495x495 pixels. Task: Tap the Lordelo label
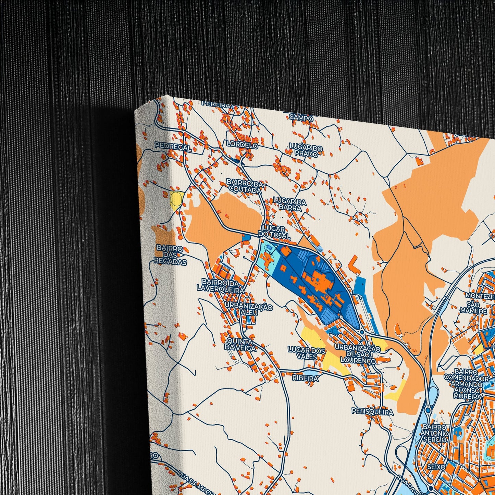point(242,145)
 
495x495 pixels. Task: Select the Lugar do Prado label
point(306,151)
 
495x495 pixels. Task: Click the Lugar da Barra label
point(289,205)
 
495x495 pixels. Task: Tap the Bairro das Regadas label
point(170,255)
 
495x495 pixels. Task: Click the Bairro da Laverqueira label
point(221,285)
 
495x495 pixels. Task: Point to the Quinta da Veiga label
point(240,345)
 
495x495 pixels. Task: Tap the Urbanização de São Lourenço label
point(357,355)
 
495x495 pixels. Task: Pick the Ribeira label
point(305,378)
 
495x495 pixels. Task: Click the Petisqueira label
point(372,411)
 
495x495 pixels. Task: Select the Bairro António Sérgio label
point(434,433)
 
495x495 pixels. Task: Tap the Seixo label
point(436,467)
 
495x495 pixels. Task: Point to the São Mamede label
point(473,308)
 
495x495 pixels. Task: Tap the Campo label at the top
point(301,118)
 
